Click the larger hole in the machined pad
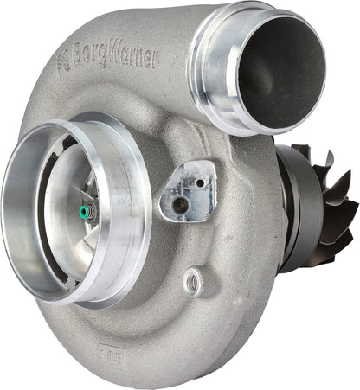(181, 205)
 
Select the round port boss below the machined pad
(194, 280)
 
